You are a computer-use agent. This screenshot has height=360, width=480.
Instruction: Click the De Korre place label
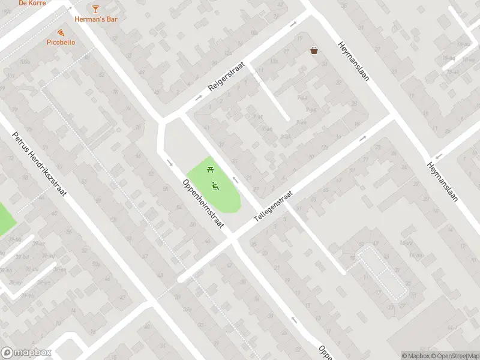pyautogui.click(x=33, y=3)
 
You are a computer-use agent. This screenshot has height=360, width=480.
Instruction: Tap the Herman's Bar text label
pyautogui.click(x=96, y=19)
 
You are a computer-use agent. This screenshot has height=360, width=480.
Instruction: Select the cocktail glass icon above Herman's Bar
pyautogui.click(x=96, y=8)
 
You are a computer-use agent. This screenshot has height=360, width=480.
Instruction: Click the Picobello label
pyautogui.click(x=62, y=43)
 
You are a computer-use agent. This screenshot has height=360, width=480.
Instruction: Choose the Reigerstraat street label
pyautogui.click(x=227, y=79)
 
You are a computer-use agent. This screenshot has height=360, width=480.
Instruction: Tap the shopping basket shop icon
pyautogui.click(x=314, y=51)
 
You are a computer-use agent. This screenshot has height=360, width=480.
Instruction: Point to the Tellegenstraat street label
pyautogui.click(x=273, y=207)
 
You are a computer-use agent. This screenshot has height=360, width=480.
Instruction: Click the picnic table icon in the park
pyautogui.click(x=211, y=169)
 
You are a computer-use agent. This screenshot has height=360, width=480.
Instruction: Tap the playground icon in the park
pyautogui.click(x=214, y=185)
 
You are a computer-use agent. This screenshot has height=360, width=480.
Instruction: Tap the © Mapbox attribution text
pyautogui.click(x=415, y=356)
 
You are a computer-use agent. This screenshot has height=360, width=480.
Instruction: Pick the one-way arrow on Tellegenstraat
pyautogui.click(x=363, y=139)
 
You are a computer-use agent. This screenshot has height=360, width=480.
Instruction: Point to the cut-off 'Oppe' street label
pyautogui.click(x=325, y=350)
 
